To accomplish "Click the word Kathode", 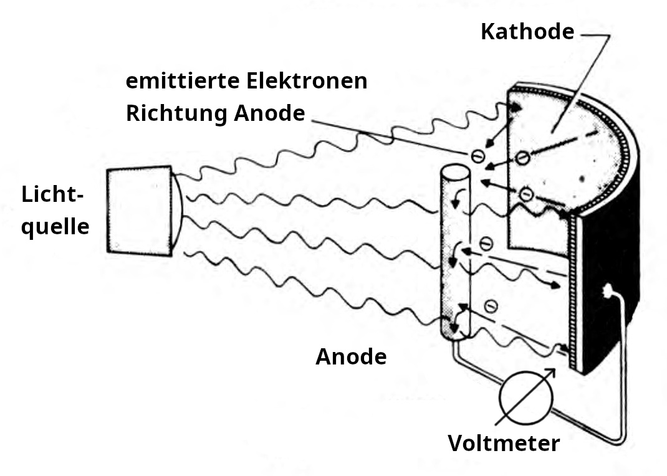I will [x=527, y=31].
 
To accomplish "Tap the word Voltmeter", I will [x=504, y=443].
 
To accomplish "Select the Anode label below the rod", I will [x=351, y=357].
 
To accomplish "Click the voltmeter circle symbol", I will [x=524, y=396].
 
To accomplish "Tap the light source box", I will [x=138, y=210].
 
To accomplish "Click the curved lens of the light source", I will [x=178, y=210].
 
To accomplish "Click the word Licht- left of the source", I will [x=52, y=194].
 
